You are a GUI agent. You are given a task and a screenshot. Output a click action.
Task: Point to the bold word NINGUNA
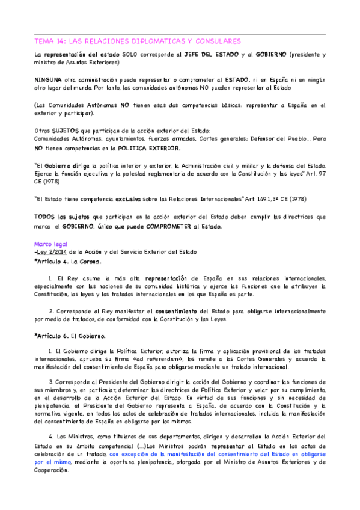tap(49, 79)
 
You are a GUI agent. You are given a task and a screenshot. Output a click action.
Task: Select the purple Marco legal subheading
tap(49, 244)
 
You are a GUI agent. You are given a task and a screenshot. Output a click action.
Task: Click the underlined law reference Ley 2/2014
tap(52, 252)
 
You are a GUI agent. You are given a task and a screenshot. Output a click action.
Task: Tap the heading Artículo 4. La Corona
tap(68, 262)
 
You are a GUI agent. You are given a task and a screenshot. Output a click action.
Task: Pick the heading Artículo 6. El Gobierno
tap(70, 336)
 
